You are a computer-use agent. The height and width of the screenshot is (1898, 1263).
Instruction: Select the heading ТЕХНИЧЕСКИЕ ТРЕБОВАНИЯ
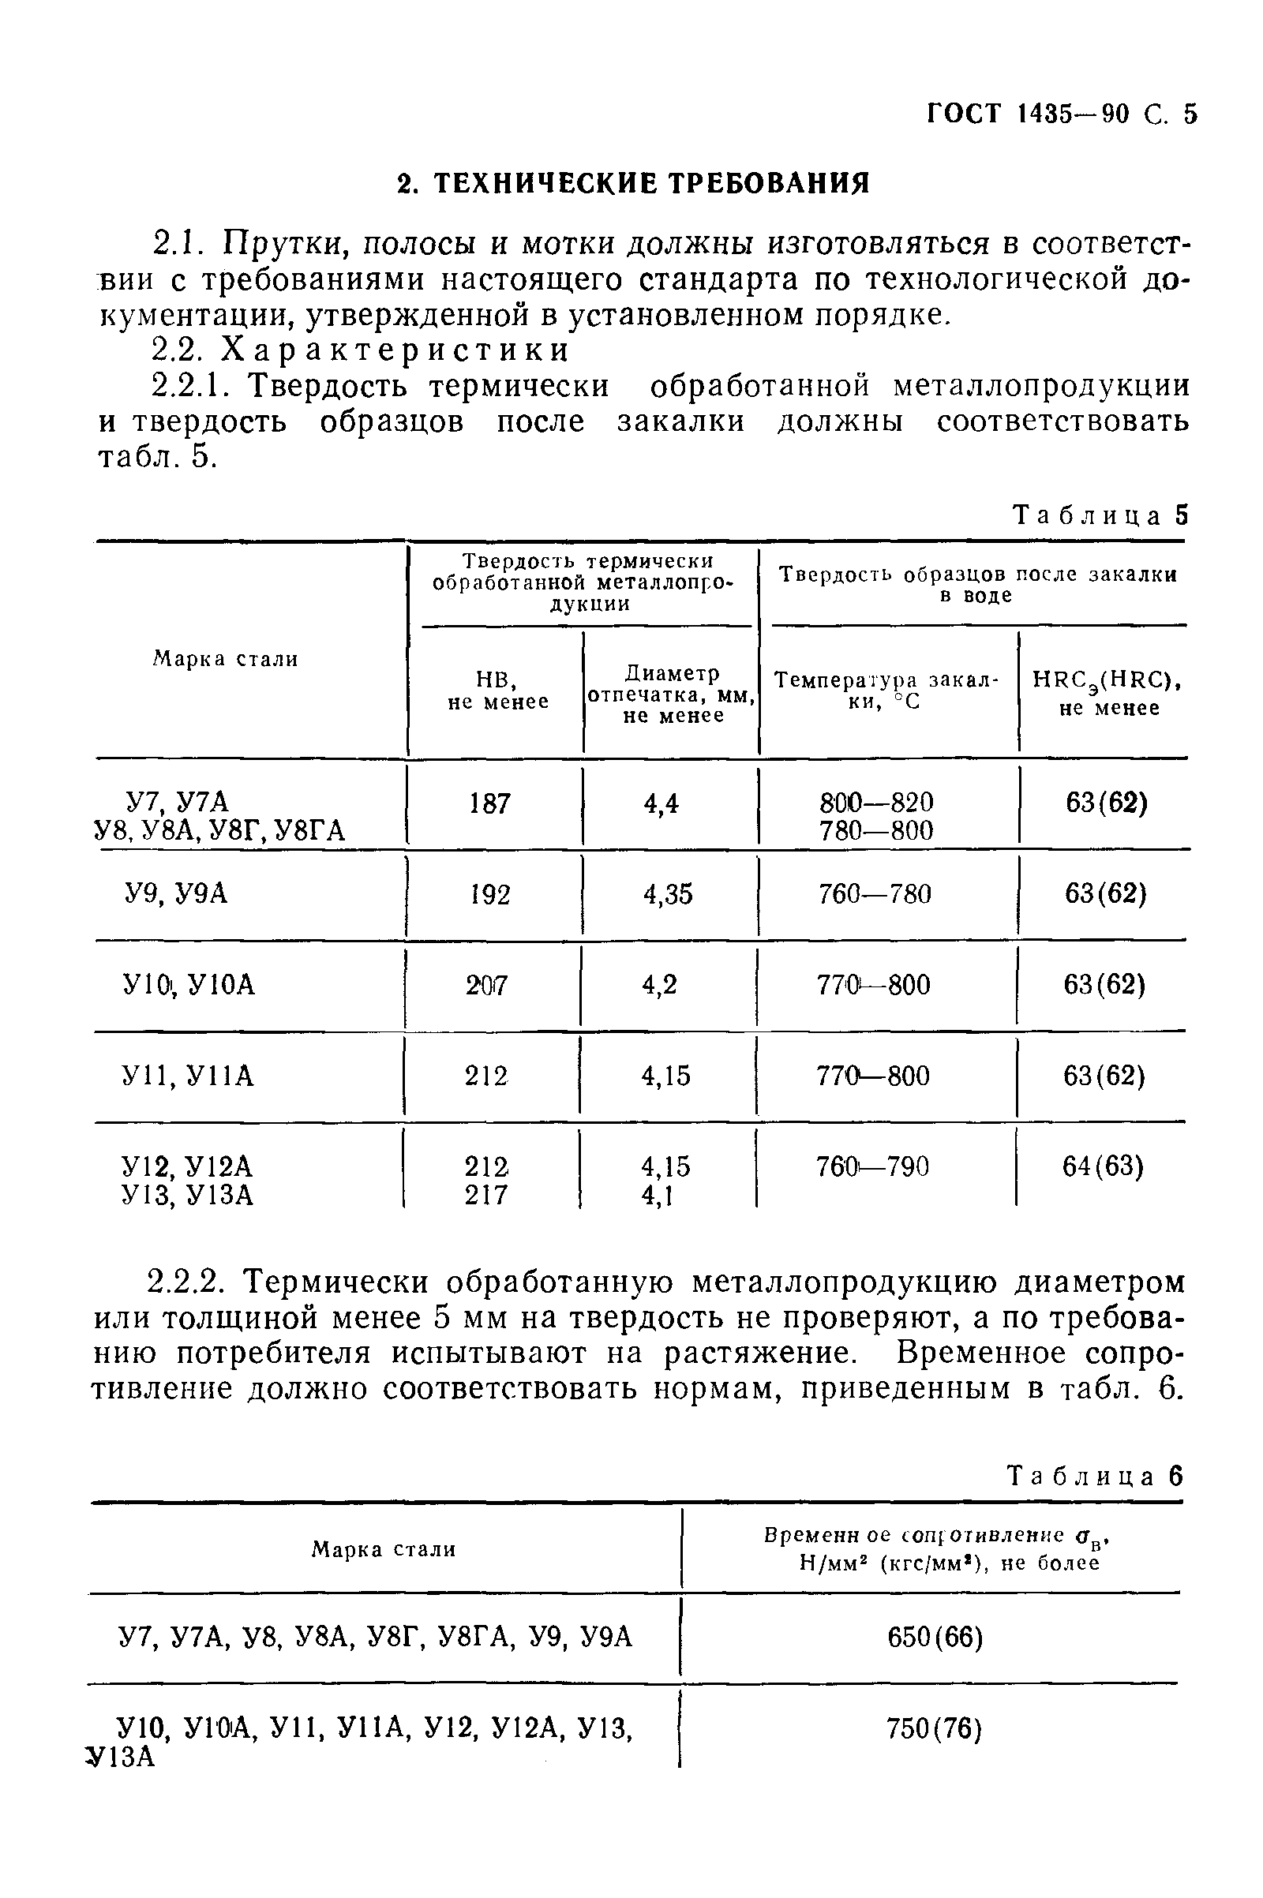pos(635,185)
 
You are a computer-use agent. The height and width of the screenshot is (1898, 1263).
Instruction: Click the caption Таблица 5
pos(1100,515)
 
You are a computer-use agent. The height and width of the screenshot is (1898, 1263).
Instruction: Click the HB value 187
pos(489,803)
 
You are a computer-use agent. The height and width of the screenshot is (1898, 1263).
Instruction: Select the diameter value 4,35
pos(668,894)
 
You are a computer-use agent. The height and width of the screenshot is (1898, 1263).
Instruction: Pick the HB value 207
pos(486,985)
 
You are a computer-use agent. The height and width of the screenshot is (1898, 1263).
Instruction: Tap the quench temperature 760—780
pos(874,894)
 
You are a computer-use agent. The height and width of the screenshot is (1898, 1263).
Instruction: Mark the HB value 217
pos(486,1195)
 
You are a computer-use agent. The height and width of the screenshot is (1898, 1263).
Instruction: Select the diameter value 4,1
pos(657,1196)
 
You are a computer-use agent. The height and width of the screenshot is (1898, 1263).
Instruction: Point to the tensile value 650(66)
pos(935,1637)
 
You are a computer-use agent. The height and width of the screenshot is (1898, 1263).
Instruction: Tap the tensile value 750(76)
pos(934,1728)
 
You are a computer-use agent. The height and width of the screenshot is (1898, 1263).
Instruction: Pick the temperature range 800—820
pos(876,802)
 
